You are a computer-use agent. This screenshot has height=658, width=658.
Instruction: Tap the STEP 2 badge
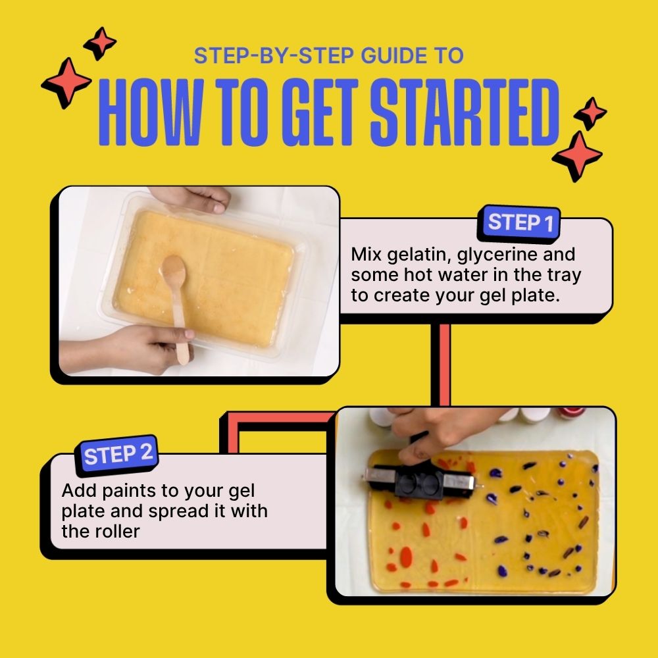pos(119,455)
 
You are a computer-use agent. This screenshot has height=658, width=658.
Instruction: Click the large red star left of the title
pos(66,82)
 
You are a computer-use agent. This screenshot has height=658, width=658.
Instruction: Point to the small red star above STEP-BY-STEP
pos(100,43)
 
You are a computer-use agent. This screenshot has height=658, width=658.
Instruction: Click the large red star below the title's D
pos(577,156)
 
